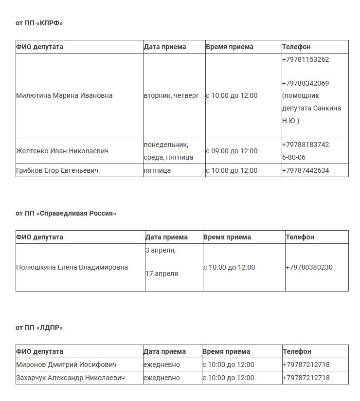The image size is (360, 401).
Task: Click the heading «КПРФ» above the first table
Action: (39, 23)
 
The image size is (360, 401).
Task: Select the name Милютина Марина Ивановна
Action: (64, 95)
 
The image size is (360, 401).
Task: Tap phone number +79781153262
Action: (305, 59)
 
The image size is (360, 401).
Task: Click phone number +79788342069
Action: (305, 83)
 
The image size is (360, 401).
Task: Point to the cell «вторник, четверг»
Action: (171, 95)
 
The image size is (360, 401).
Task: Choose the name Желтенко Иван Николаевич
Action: (62, 151)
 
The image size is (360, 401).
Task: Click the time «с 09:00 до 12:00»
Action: (232, 151)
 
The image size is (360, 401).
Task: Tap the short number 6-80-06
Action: (294, 157)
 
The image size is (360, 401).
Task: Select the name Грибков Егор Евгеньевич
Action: (57, 170)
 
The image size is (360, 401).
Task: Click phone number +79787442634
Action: (305, 170)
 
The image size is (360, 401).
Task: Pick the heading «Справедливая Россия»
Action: (66, 213)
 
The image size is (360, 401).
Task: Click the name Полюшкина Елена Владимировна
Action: (72, 267)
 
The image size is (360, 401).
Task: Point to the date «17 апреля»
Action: (162, 273)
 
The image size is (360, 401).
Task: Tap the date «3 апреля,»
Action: (161, 250)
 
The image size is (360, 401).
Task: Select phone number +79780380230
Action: (309, 267)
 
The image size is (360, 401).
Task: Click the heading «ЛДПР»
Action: (39, 328)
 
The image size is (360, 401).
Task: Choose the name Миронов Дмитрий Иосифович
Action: (66, 365)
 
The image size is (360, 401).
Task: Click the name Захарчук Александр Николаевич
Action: (71, 378)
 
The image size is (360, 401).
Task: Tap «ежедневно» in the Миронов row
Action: (162, 365)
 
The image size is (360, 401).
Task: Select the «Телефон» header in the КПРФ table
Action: (296, 47)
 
